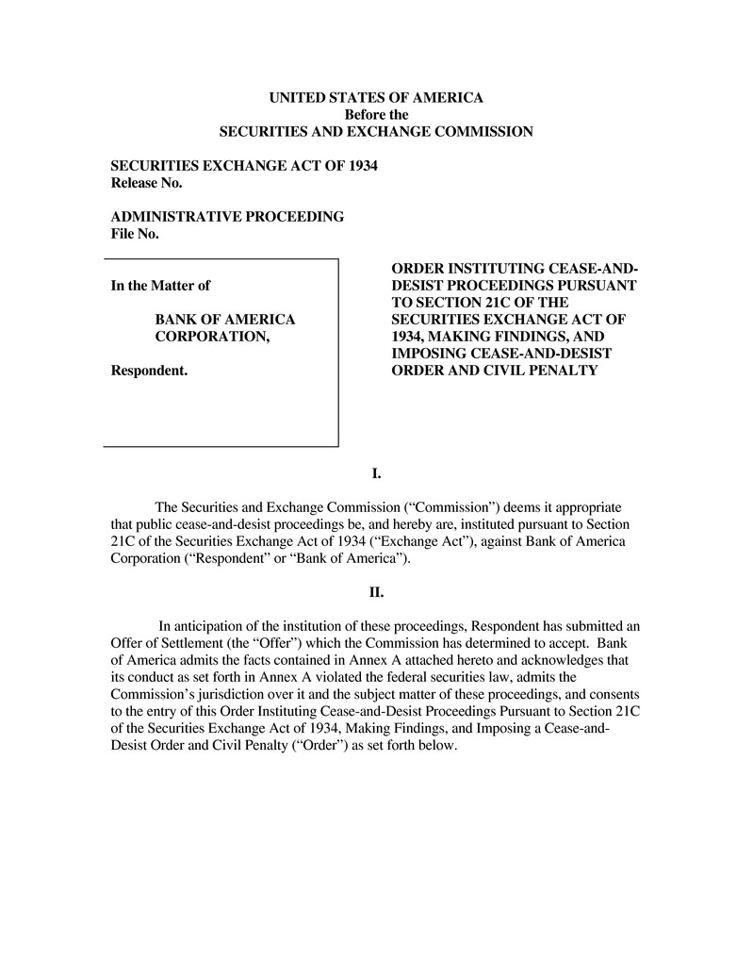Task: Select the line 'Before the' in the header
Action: point(376,114)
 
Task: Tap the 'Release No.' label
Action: point(146,182)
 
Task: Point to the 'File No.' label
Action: point(135,234)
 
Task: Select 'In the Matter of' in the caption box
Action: point(160,286)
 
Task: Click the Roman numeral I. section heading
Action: point(376,473)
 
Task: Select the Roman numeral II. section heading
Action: point(376,593)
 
